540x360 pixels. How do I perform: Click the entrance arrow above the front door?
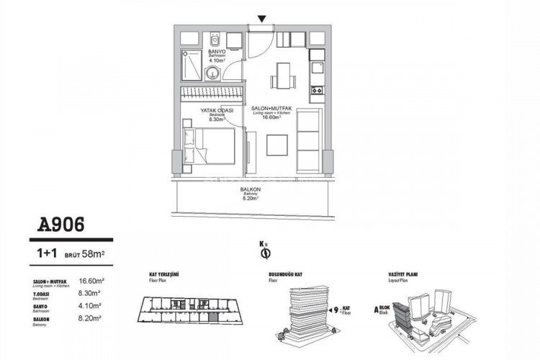point(262,19)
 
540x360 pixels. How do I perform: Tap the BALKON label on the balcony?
point(250,190)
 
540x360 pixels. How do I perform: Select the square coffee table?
point(278,145)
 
